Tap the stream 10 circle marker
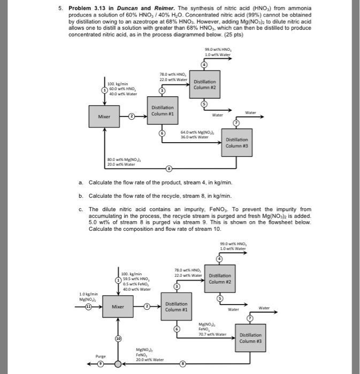[117, 339]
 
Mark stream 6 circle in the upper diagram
[161, 132]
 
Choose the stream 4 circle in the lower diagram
[218, 259]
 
